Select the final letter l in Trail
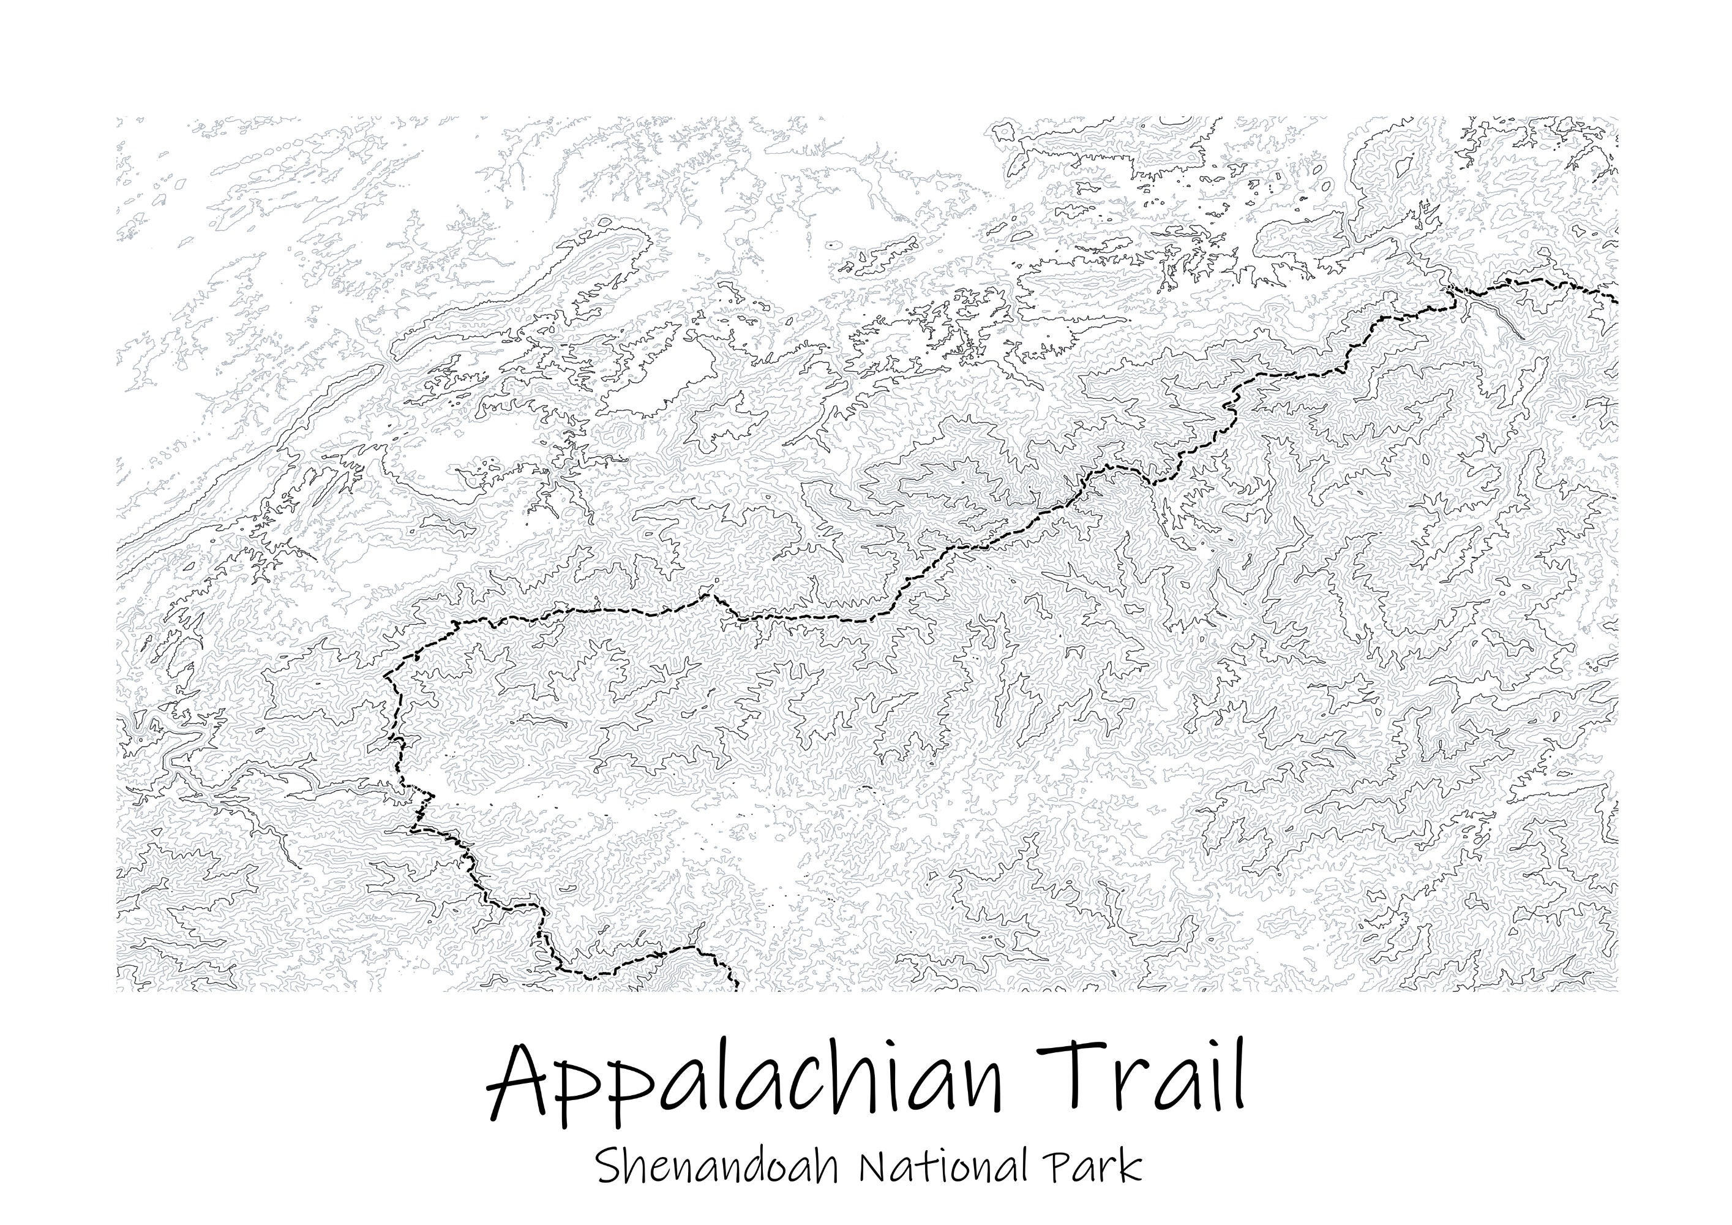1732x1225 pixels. pos(1234,1076)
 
